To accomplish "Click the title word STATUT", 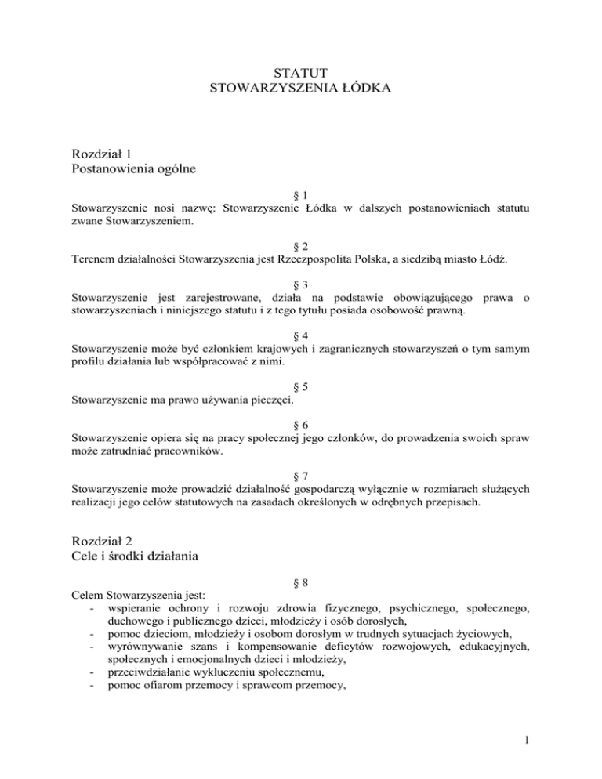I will pyautogui.click(x=300, y=74).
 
